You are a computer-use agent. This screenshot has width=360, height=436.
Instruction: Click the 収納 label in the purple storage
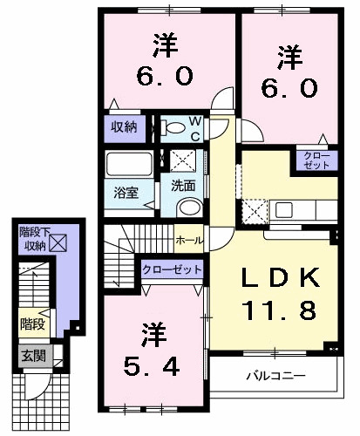pos(123,127)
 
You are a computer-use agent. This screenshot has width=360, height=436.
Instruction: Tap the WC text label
pos(196,127)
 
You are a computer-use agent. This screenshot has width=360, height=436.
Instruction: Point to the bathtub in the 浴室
pos(127,166)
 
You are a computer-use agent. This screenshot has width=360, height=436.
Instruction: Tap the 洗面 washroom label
pos(182,185)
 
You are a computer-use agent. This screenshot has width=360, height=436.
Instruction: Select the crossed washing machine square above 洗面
pos(183,160)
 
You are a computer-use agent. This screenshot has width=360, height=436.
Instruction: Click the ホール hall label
pos(189,240)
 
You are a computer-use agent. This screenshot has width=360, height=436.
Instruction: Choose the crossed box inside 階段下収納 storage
pos(57,244)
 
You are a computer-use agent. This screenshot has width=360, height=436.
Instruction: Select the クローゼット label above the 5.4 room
pos(173,269)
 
